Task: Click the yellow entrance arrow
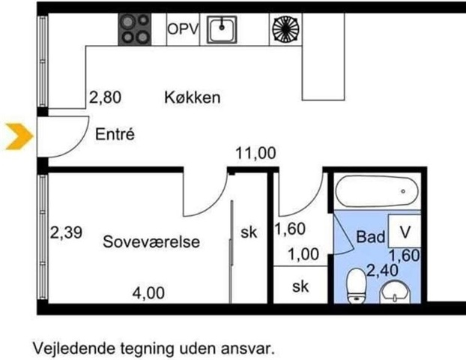(19, 136)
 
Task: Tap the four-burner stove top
(135, 29)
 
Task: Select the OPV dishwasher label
(183, 29)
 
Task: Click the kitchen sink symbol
(222, 29)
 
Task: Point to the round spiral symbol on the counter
(285, 29)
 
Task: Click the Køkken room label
(193, 97)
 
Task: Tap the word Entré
(115, 134)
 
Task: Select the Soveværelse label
(151, 241)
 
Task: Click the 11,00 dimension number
(255, 153)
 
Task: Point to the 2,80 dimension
(105, 97)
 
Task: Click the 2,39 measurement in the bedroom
(66, 232)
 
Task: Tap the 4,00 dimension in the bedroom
(148, 293)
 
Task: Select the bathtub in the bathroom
(377, 191)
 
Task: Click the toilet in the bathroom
(356, 286)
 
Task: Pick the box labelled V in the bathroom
(405, 231)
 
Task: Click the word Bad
(370, 237)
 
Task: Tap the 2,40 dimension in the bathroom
(383, 271)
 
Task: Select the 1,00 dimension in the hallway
(303, 255)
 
